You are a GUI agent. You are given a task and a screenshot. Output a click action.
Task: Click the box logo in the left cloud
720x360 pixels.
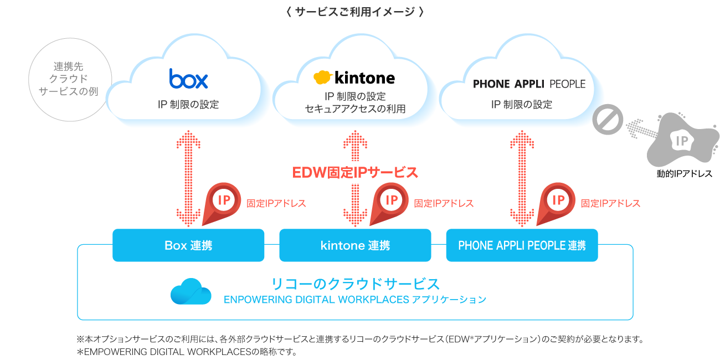point(188,79)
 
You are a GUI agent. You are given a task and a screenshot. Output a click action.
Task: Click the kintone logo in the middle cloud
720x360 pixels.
point(354,77)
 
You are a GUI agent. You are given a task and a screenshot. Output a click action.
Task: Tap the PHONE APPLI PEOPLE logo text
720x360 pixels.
point(529,84)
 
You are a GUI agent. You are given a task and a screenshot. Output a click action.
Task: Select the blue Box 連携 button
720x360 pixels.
point(188,245)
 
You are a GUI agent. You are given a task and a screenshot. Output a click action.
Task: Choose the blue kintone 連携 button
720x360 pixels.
point(355,245)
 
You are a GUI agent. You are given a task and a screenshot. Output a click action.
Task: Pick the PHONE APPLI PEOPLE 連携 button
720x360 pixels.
point(522,245)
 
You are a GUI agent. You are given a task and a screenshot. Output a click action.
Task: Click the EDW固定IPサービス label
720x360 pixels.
point(355,173)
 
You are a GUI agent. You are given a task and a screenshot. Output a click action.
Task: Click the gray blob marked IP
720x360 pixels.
point(682,141)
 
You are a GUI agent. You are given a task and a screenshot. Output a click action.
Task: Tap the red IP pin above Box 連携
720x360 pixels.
point(223,202)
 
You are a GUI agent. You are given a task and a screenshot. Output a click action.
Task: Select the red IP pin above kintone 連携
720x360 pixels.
point(390,202)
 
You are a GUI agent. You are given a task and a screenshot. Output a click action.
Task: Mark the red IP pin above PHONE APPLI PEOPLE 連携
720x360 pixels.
point(558,202)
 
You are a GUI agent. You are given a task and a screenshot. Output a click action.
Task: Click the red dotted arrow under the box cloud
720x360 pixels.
point(189,177)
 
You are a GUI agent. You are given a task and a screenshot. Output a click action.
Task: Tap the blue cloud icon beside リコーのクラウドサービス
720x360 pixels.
point(191,291)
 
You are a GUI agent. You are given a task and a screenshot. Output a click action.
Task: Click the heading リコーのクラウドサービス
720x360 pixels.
point(355,284)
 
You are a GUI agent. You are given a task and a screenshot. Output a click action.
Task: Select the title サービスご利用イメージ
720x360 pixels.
point(355,12)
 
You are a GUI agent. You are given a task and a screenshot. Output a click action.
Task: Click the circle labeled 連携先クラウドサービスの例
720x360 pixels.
point(70,79)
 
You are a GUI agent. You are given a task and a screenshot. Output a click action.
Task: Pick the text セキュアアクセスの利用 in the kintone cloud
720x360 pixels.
point(355,109)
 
